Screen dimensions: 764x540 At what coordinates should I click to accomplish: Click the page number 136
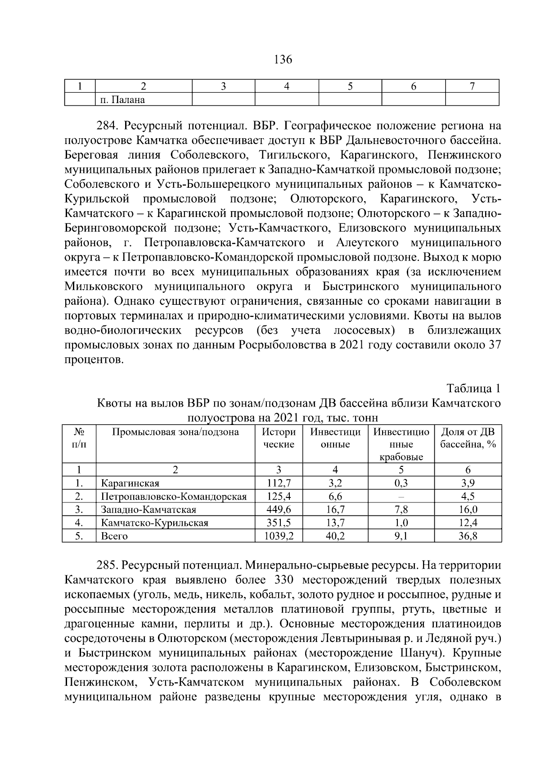[x=283, y=59]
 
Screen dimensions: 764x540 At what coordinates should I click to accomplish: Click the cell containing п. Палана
[x=122, y=99]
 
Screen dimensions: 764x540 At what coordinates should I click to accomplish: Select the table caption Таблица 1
[x=473, y=388]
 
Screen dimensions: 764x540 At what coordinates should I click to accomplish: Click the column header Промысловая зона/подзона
[x=175, y=432]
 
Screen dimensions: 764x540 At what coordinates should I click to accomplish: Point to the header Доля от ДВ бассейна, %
[x=468, y=438]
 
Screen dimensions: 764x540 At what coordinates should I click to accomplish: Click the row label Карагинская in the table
[x=130, y=484]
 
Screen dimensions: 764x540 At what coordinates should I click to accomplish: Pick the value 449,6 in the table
[x=279, y=510]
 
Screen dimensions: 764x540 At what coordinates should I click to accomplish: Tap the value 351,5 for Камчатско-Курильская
[x=279, y=523]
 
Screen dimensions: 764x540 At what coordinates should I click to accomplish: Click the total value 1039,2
[x=279, y=536]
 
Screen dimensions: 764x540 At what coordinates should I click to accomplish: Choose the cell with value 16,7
[x=335, y=510]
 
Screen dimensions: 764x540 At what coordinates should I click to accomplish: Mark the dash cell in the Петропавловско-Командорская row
[x=401, y=497]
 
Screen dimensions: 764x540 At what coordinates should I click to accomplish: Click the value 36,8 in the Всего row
[x=468, y=536]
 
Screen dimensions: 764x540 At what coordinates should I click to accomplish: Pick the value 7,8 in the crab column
[x=401, y=510]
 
